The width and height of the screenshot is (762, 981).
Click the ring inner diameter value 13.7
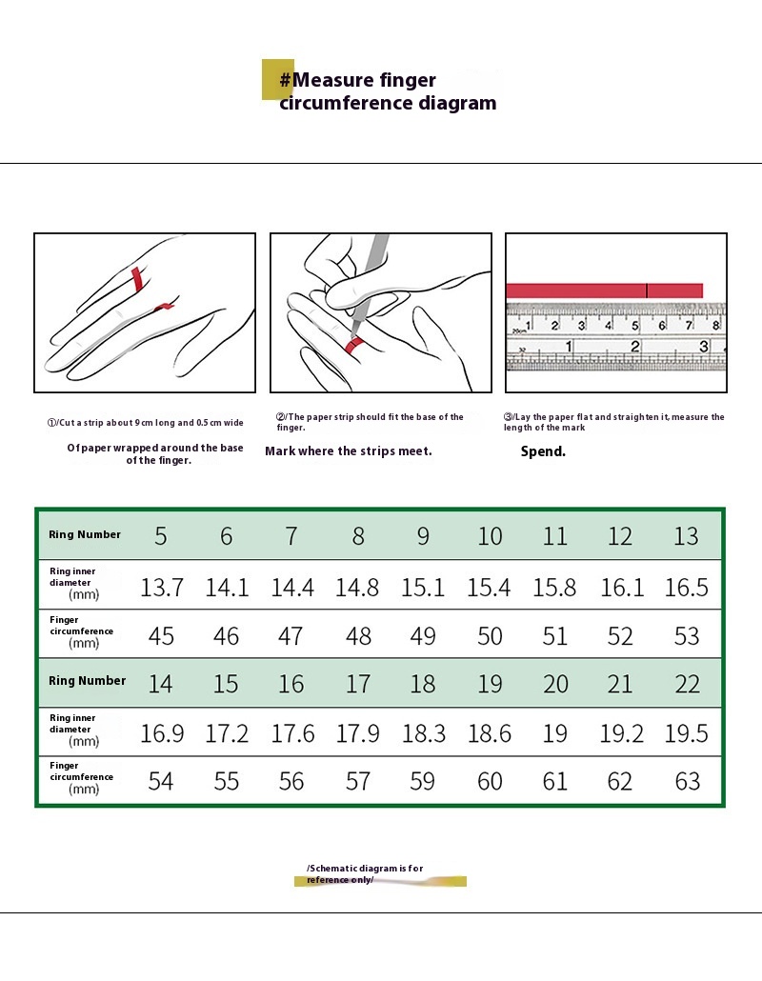pos(162,587)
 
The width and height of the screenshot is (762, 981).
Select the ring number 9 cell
pos(423,536)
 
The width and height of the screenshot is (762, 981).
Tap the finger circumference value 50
pos(489,636)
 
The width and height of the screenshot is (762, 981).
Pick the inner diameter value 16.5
pos(686,587)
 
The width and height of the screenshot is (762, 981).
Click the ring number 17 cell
pos(358,684)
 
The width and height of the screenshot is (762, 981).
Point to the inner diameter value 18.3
pos(424,733)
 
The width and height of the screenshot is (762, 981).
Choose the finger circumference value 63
pos(687,782)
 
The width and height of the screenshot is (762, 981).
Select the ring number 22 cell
pos(687,684)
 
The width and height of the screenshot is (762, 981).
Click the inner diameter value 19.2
pos(621,733)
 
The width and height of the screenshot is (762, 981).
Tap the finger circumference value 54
pos(161,782)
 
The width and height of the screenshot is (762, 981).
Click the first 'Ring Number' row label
pos(85,535)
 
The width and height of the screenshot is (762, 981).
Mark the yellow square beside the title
pos(274,79)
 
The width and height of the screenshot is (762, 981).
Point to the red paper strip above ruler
pos(604,290)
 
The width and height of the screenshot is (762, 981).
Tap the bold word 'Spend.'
pos(543,451)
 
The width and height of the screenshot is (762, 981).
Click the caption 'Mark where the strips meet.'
pos(349,450)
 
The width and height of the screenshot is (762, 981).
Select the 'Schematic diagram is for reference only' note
pos(365,873)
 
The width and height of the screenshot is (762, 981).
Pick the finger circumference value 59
pos(423,782)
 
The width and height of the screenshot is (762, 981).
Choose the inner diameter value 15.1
pos(424,587)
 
